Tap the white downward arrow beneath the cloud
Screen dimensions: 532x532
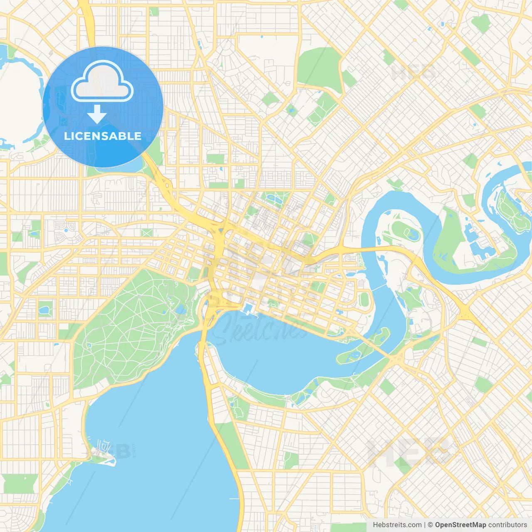pos(97,114)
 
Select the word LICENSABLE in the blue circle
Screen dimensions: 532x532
pos(103,136)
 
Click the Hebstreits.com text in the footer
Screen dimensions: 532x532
pos(397,525)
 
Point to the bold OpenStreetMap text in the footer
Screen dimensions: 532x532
pos(461,525)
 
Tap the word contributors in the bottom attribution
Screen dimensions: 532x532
pos(507,525)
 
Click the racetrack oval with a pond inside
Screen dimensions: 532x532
pos(406,231)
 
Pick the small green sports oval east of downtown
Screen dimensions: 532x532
pos(364,298)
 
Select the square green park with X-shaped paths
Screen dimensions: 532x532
pos(147,233)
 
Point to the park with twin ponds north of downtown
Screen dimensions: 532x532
pos(273,198)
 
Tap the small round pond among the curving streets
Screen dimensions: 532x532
pos(66,229)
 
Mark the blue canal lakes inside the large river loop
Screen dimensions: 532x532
pos(478,241)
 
